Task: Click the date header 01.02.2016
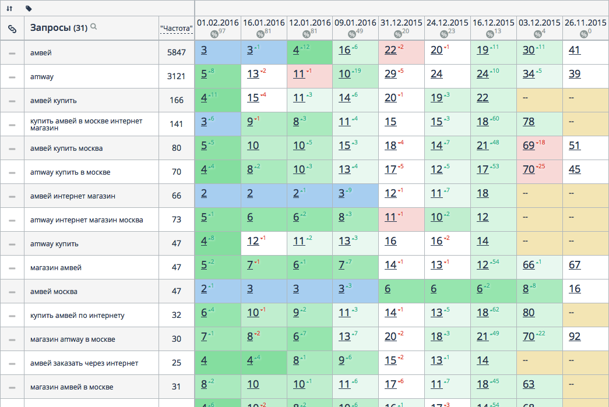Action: click(217, 23)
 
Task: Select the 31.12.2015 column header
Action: click(402, 23)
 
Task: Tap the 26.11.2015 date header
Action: click(586, 23)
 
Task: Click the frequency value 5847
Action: click(176, 52)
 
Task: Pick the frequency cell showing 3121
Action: click(176, 76)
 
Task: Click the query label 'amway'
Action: click(42, 76)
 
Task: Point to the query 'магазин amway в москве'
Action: click(73, 339)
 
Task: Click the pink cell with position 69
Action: click(529, 146)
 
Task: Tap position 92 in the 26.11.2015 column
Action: click(575, 337)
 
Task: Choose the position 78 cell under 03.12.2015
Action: click(529, 122)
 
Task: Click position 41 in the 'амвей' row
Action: click(575, 50)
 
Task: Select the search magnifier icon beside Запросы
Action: click(93, 27)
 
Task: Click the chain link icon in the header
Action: click(12, 28)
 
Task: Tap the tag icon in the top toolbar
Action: click(29, 8)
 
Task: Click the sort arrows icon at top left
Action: click(9, 8)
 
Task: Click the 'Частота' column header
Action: click(176, 27)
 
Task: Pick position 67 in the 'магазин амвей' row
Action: click(575, 265)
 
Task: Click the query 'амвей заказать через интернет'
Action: click(85, 363)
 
